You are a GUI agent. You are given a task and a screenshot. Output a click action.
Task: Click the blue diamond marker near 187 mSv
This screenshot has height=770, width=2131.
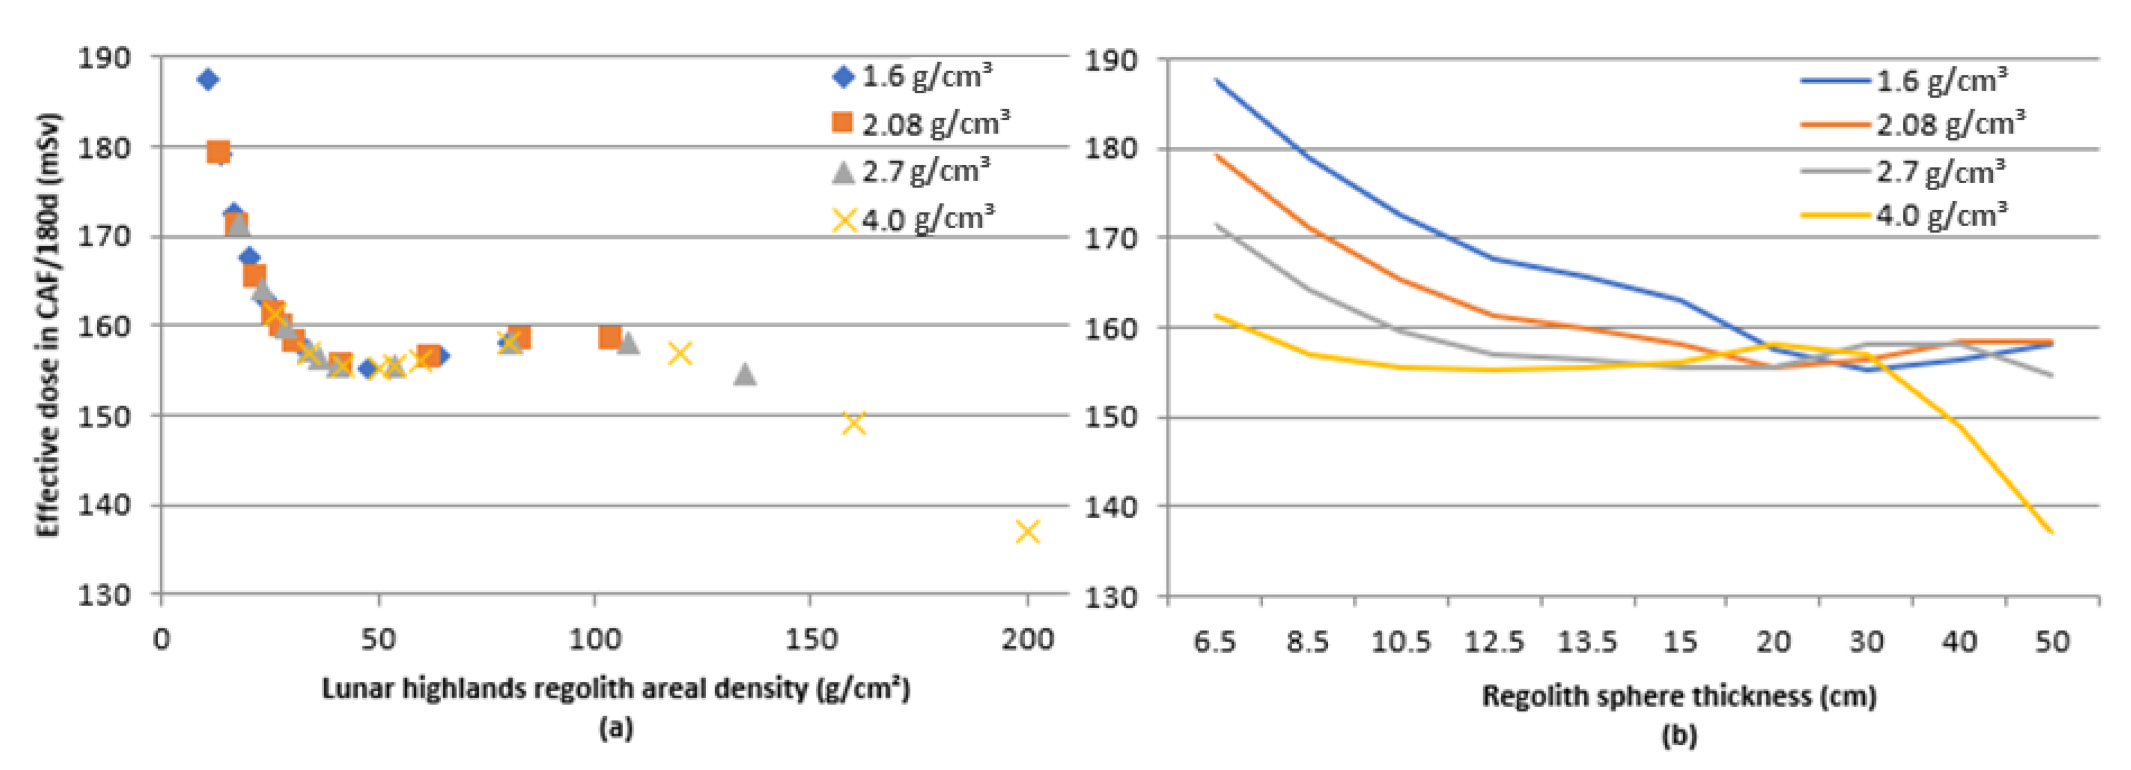(208, 79)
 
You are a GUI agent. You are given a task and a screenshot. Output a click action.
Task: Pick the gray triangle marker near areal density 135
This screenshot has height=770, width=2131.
(744, 374)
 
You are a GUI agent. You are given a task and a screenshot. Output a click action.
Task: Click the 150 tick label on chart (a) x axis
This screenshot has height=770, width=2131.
(810, 639)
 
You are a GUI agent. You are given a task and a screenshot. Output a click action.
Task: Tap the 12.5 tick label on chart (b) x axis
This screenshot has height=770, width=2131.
(1494, 642)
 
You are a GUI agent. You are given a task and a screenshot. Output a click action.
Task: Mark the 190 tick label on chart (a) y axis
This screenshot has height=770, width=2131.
(104, 58)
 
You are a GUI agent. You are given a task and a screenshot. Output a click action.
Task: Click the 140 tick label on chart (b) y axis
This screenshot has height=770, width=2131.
(1110, 506)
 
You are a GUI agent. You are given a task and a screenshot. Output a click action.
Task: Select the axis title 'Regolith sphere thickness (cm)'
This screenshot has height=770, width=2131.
(1679, 695)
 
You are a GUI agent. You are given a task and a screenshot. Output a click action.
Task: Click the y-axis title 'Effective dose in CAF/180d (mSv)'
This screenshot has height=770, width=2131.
(48, 324)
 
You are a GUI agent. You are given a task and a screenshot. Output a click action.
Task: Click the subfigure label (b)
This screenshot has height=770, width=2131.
(1679, 735)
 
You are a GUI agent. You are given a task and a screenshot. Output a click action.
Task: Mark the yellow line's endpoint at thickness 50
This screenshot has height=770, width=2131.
(2052, 532)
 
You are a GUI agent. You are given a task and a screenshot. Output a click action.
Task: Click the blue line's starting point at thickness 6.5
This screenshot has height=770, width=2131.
(1215, 79)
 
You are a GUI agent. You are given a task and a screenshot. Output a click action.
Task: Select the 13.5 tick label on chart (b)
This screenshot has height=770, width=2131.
(1587, 642)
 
